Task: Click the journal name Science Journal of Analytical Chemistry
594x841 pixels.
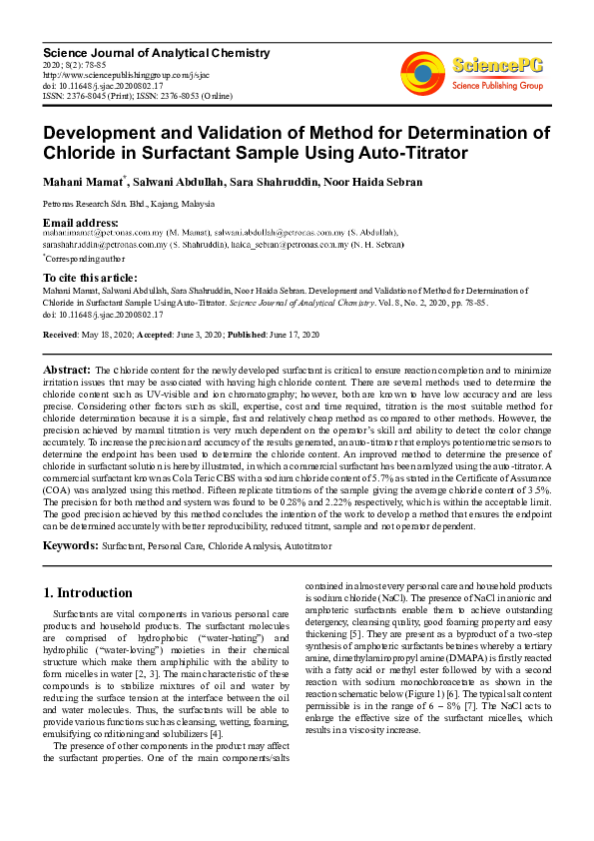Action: pyautogui.click(x=156, y=52)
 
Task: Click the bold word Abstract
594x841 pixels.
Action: pyautogui.click(x=68, y=370)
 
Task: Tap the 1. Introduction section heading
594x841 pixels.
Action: pyautogui.click(x=89, y=592)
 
